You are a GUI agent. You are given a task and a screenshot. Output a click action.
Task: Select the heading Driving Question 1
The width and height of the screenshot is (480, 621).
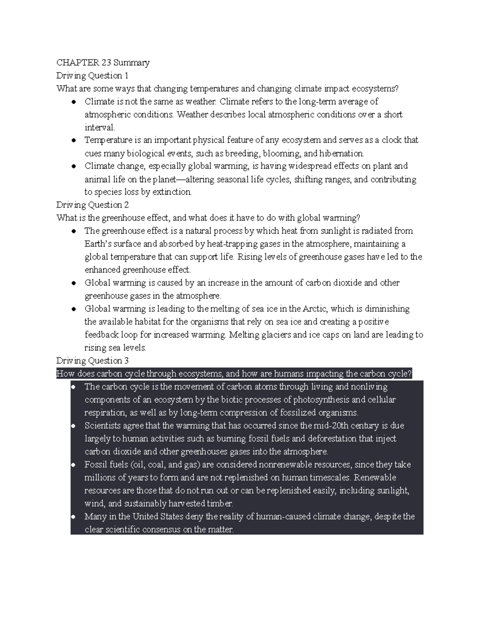92,76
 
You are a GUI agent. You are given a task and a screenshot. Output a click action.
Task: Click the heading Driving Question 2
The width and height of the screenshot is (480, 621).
92,205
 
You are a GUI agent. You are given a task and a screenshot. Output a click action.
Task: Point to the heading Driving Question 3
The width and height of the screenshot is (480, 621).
92,361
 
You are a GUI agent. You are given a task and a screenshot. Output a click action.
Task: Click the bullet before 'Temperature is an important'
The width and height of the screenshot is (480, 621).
74,141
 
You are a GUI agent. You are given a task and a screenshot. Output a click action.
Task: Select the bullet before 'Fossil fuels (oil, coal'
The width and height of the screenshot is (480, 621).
74,465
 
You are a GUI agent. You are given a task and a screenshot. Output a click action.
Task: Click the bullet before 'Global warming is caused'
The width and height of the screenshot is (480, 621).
74,284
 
